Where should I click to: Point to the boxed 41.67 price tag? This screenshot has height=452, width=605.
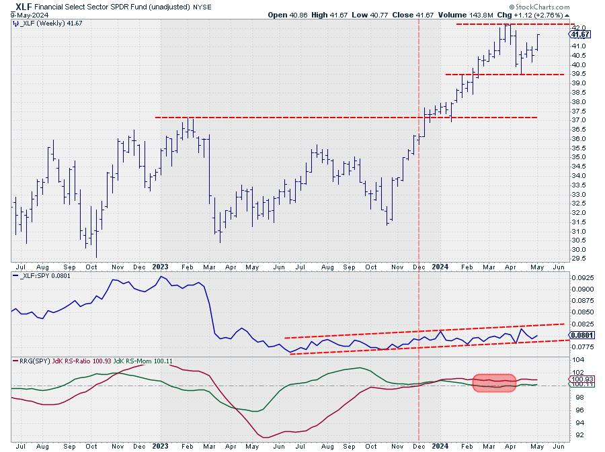(x=580, y=34)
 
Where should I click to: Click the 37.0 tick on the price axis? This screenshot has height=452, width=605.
(x=578, y=120)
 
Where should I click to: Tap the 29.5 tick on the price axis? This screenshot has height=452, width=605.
(x=578, y=258)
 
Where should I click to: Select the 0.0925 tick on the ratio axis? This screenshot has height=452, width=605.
(x=581, y=277)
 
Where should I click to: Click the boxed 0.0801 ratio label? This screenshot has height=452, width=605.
(x=581, y=334)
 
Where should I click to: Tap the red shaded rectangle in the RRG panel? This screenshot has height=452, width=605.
(x=494, y=383)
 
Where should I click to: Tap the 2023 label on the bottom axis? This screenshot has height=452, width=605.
(x=160, y=445)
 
